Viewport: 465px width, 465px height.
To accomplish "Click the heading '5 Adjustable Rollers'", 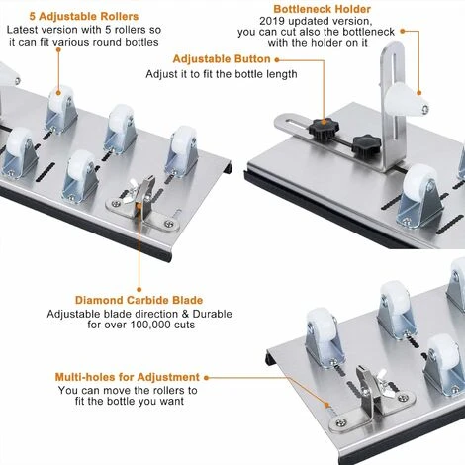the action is (84, 17).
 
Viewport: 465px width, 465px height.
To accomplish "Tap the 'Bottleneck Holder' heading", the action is (323, 9).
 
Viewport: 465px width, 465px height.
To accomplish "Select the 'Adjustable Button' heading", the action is (222, 59).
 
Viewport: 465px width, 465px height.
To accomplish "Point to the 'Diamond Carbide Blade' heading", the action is (139, 300).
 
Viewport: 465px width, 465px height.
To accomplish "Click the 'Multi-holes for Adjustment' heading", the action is (128, 377).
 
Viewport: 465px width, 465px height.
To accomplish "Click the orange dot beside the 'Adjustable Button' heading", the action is (277, 60).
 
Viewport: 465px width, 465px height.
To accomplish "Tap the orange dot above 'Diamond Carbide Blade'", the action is (139, 290).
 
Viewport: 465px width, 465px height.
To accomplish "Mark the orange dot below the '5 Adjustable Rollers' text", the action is (58, 49).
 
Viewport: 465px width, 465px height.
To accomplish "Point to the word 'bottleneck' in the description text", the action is (368, 32).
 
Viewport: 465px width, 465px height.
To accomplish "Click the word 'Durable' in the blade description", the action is (213, 314).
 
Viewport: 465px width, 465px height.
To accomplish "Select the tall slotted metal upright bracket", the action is (393, 107).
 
